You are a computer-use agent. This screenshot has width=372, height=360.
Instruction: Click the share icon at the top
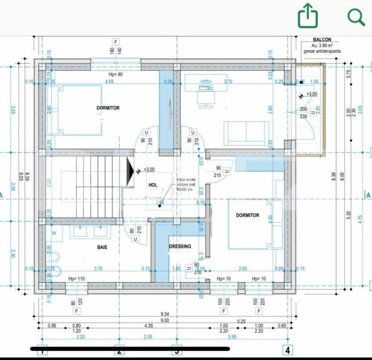308,16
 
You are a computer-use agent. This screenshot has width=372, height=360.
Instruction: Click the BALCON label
321,39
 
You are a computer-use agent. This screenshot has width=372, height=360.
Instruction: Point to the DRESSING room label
179,246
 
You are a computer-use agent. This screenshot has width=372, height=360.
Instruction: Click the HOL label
153,185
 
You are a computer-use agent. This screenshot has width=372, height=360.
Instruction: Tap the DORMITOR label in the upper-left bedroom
108,108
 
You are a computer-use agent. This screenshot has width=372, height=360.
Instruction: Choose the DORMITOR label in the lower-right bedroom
247,215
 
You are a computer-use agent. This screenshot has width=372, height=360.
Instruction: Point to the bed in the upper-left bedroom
78,110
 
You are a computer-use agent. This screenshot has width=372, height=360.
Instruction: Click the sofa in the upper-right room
242,132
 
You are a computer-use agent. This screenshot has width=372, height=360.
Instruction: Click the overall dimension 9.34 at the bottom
164,313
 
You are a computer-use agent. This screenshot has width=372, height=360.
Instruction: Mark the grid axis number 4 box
287,350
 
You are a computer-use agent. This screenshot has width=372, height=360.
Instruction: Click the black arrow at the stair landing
131,170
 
